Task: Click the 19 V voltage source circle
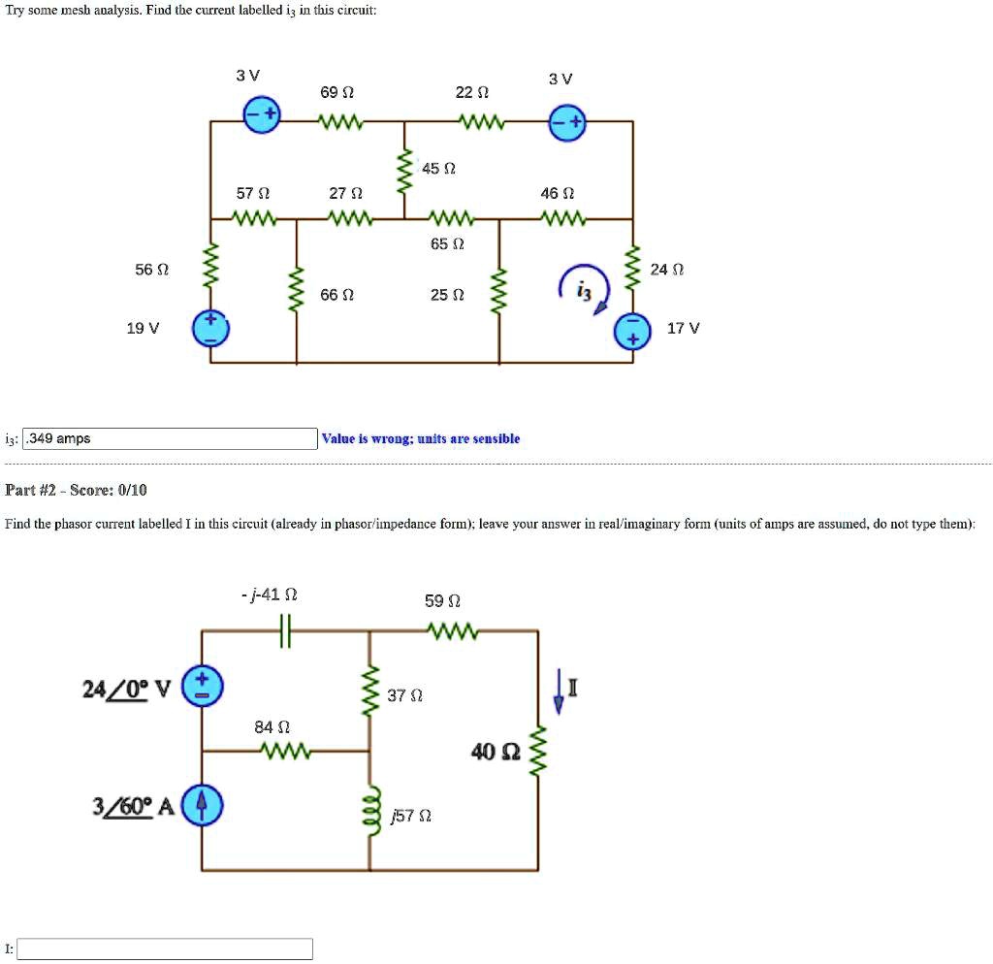point(209,329)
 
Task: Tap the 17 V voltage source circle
point(633,331)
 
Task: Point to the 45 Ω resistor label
point(439,169)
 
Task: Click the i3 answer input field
point(170,439)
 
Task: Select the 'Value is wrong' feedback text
point(422,439)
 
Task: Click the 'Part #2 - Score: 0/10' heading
point(77,490)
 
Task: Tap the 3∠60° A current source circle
point(202,804)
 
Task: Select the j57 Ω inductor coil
point(369,808)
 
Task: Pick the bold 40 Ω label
point(496,752)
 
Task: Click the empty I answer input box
point(165,948)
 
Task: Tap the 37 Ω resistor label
point(404,695)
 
